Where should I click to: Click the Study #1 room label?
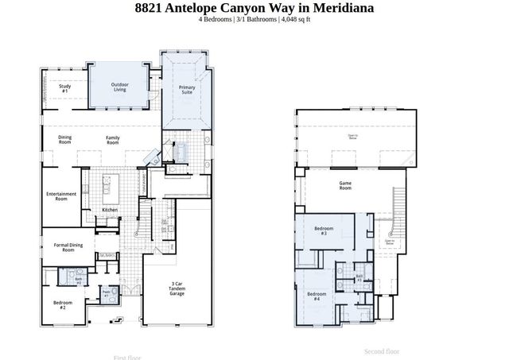(x=64, y=90)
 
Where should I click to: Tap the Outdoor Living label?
(x=119, y=87)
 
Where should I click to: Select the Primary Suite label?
(x=187, y=89)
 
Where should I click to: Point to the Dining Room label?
(x=65, y=139)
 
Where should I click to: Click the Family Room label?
(x=113, y=139)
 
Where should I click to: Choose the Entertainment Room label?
(x=61, y=196)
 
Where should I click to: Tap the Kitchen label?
(x=110, y=210)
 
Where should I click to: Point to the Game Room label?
(x=345, y=186)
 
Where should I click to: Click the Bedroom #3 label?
(x=324, y=230)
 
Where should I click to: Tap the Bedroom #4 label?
(x=315, y=297)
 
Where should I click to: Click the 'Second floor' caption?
(x=382, y=351)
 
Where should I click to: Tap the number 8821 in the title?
(x=150, y=8)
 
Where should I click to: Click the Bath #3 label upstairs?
(x=359, y=278)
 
